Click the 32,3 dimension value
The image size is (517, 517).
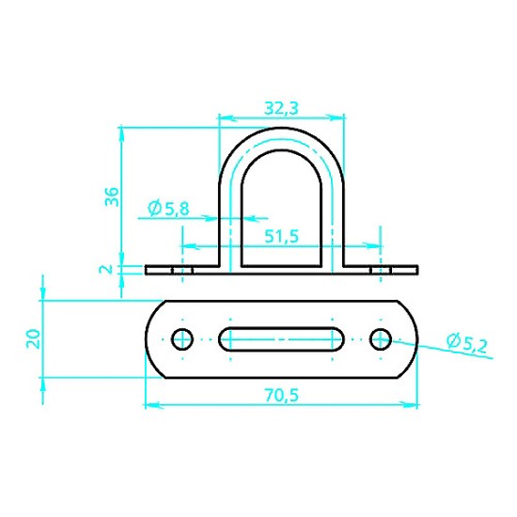281,108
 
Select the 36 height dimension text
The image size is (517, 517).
112,196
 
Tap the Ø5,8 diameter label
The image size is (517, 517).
168,208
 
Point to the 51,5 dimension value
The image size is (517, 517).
282,236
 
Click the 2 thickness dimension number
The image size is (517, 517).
106,270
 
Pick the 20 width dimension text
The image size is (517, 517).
33,338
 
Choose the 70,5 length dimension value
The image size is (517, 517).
282,396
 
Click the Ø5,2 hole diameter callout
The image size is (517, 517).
467,343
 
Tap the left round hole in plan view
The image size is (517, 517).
182,339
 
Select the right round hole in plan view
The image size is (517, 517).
381,339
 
